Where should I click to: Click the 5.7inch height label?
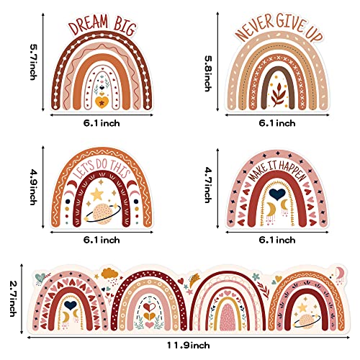[33, 62]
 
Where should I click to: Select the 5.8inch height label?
[208, 73]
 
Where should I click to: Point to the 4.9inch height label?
[33, 187]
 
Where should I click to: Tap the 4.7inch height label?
[208, 185]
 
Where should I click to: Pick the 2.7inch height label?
[14, 298]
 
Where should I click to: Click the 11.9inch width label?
[189, 346]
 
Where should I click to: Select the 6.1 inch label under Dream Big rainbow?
[102, 123]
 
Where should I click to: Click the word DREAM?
[88, 26]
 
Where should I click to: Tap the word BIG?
[125, 27]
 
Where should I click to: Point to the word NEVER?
[255, 28]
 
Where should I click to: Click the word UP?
[314, 34]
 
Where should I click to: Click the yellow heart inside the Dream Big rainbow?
[102, 102]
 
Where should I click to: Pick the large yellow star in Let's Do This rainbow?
[97, 194]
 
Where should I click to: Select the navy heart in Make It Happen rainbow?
[277, 194]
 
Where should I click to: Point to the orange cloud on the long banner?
[110, 273]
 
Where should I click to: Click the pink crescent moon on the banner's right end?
[339, 271]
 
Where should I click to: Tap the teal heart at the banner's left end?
[40, 277]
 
